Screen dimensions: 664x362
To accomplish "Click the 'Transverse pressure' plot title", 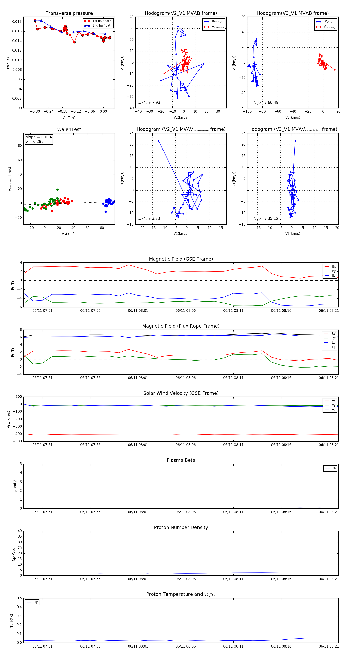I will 69,13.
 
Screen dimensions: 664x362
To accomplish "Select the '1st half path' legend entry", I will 102,21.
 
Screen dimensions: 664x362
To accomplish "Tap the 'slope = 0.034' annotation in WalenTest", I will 39,137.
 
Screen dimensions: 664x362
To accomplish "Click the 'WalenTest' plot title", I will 69,129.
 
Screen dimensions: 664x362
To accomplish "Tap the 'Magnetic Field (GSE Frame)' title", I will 181,259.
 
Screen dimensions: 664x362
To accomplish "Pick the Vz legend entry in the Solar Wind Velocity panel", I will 333,410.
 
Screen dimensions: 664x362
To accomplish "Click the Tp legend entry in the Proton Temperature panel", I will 36,602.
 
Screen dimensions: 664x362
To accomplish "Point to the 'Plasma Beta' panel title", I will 181,460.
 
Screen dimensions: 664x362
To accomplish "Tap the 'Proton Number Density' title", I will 181,527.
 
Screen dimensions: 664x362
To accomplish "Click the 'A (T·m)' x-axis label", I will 69,118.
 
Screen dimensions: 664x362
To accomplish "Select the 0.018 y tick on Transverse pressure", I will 17,22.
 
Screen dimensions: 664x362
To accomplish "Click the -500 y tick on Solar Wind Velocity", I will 17,441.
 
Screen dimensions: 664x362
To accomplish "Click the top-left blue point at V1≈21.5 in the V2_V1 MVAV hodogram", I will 159,141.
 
